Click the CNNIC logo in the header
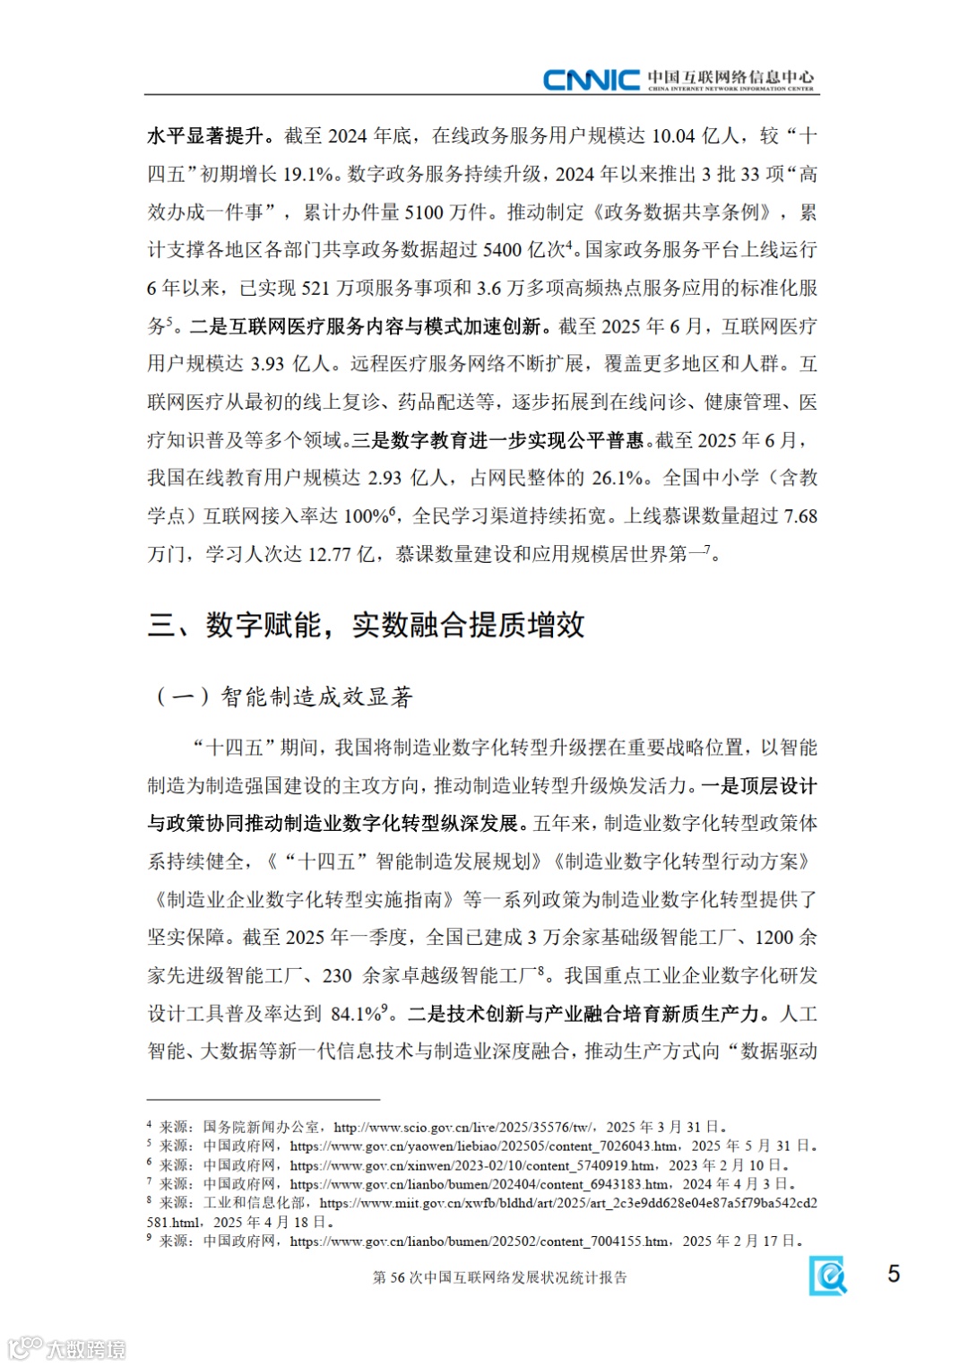[592, 80]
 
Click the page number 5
[893, 1274]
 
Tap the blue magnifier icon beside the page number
[828, 1275]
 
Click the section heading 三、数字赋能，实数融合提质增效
[366, 625]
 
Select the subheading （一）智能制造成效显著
[284, 696]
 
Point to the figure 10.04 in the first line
[673, 136]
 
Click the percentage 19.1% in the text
[308, 174]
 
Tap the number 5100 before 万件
[424, 212]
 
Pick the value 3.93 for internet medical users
[267, 364]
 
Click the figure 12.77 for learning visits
[329, 554]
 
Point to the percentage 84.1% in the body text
[357, 1014]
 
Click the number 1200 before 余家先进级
[774, 938]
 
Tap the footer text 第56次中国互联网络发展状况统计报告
[499, 1277]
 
